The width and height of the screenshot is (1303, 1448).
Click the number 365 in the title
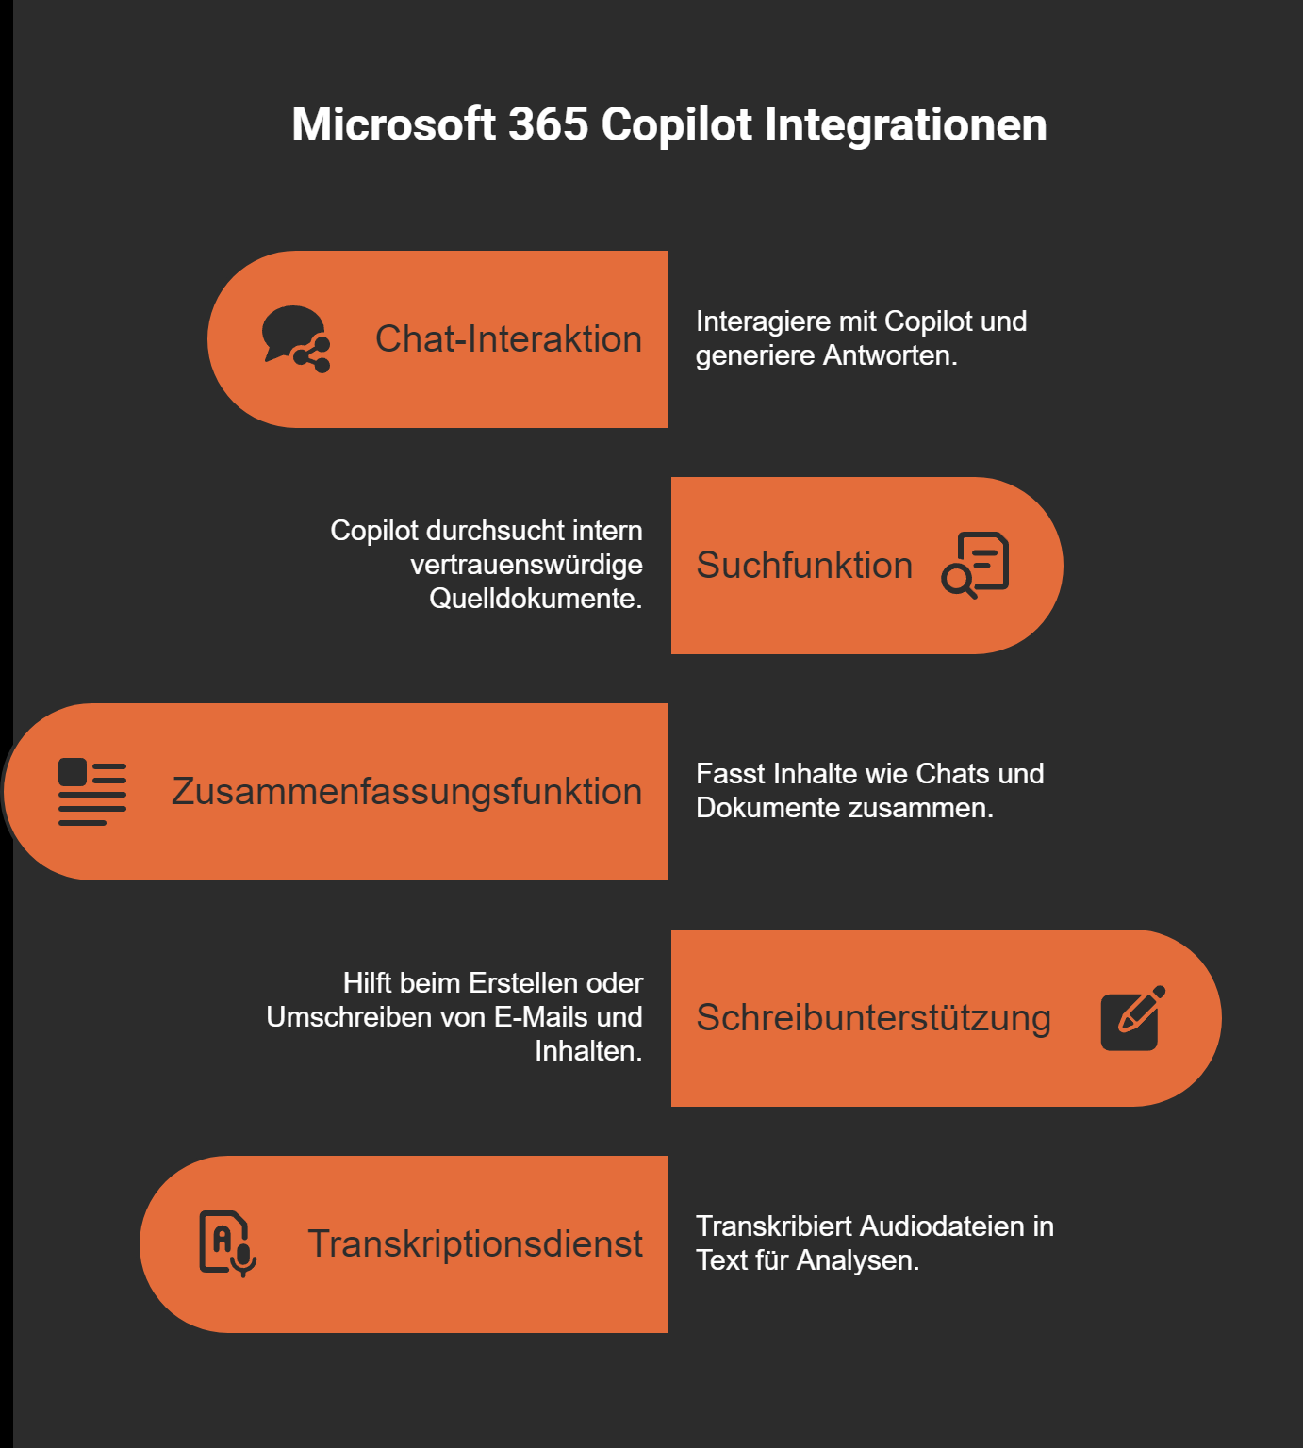[x=548, y=125]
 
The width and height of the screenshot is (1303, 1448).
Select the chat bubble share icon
[x=296, y=339]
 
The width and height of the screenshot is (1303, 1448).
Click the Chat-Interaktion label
[x=508, y=339]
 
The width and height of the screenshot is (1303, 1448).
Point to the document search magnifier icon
[x=975, y=566]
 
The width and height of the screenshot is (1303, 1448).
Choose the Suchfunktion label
[x=804, y=566]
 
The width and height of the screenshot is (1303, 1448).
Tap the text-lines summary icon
[x=92, y=792]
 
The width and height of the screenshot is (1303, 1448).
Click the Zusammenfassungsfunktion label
[x=406, y=792]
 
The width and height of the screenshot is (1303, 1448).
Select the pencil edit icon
[x=1132, y=1018]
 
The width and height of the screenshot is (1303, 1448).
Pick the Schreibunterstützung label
[x=873, y=1018]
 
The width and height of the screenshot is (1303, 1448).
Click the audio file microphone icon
[x=227, y=1244]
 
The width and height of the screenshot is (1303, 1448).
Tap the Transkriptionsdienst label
[x=475, y=1244]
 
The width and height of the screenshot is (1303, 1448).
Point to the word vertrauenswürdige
[x=526, y=565]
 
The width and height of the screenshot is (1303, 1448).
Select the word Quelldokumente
[x=535, y=599]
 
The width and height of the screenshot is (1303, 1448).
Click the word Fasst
[x=731, y=774]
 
